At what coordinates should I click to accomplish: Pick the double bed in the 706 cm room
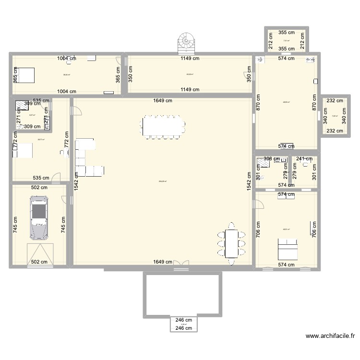click(286, 251)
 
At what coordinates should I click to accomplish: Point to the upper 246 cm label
click(183, 320)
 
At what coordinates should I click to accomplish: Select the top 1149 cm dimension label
click(190, 59)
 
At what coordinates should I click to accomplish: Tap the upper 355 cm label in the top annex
click(287, 33)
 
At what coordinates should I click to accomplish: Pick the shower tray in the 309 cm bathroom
click(21, 106)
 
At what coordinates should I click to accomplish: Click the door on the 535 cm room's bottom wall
click(56, 180)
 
